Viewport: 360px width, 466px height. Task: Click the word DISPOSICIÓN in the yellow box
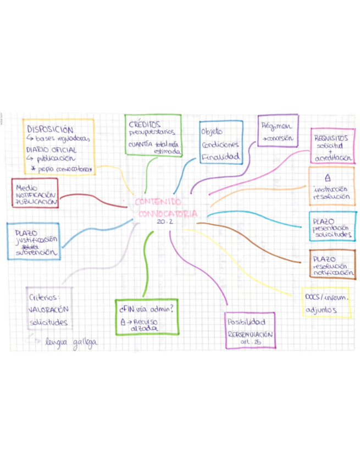(x=50, y=129)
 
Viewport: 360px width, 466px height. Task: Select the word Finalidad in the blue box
(x=220, y=157)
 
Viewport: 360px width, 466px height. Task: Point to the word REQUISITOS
(x=331, y=138)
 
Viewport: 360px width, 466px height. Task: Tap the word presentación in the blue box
(x=331, y=228)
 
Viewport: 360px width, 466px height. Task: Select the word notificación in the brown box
(x=332, y=272)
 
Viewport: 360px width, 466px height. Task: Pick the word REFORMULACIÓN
(x=250, y=334)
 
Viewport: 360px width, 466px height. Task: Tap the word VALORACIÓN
(x=48, y=309)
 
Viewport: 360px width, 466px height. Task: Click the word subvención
(x=37, y=253)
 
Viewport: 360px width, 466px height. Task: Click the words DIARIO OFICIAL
(x=51, y=149)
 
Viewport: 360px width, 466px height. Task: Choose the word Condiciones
(x=220, y=145)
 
